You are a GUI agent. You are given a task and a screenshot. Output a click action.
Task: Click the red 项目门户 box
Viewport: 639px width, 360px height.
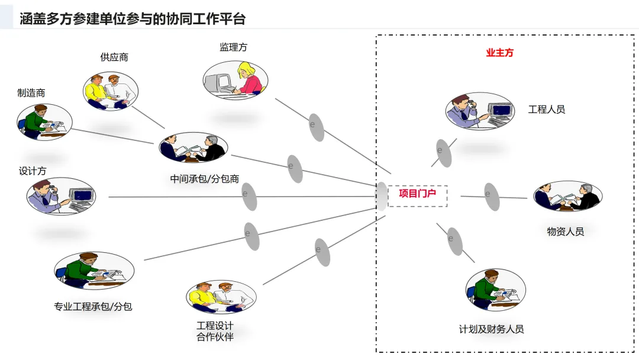(x=417, y=194)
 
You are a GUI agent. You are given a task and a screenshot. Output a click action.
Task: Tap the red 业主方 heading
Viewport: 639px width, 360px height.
(x=499, y=53)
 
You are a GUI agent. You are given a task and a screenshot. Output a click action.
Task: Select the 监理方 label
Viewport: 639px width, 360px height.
(x=233, y=47)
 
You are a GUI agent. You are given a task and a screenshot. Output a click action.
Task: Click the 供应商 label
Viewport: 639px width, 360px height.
(x=114, y=57)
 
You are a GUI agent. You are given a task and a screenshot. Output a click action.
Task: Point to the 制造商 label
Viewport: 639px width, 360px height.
(x=31, y=93)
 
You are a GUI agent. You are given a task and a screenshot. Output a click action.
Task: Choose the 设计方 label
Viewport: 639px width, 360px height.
(x=33, y=171)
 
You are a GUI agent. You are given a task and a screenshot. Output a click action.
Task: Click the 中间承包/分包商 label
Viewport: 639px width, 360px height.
(x=205, y=178)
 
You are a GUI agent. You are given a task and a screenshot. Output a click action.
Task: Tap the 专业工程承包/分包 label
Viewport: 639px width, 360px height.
(x=93, y=307)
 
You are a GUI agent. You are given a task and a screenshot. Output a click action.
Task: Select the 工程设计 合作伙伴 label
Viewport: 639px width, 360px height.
(x=215, y=332)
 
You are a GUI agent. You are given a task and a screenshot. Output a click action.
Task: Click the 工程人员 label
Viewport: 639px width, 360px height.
(x=546, y=109)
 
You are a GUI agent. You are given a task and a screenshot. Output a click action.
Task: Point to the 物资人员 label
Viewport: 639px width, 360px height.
(x=565, y=232)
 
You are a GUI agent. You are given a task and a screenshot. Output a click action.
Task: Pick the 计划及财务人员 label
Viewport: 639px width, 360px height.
(x=491, y=329)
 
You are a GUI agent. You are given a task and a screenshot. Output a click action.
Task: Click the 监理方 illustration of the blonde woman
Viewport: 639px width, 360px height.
(x=235, y=80)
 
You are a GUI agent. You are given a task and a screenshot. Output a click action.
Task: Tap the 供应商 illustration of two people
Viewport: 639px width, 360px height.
(x=111, y=91)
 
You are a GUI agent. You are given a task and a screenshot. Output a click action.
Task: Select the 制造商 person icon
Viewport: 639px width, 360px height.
(x=44, y=121)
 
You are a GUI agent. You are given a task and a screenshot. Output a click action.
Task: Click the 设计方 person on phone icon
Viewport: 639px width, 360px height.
(x=61, y=196)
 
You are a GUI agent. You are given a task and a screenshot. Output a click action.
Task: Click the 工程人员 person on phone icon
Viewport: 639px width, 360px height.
(x=480, y=110)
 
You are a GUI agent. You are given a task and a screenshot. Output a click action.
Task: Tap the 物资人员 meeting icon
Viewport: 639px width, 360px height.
(x=568, y=196)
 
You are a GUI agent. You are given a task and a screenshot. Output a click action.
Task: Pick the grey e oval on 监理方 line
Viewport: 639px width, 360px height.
(x=317, y=127)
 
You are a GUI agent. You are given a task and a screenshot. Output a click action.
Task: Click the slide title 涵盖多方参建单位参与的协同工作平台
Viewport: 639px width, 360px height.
(x=133, y=19)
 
